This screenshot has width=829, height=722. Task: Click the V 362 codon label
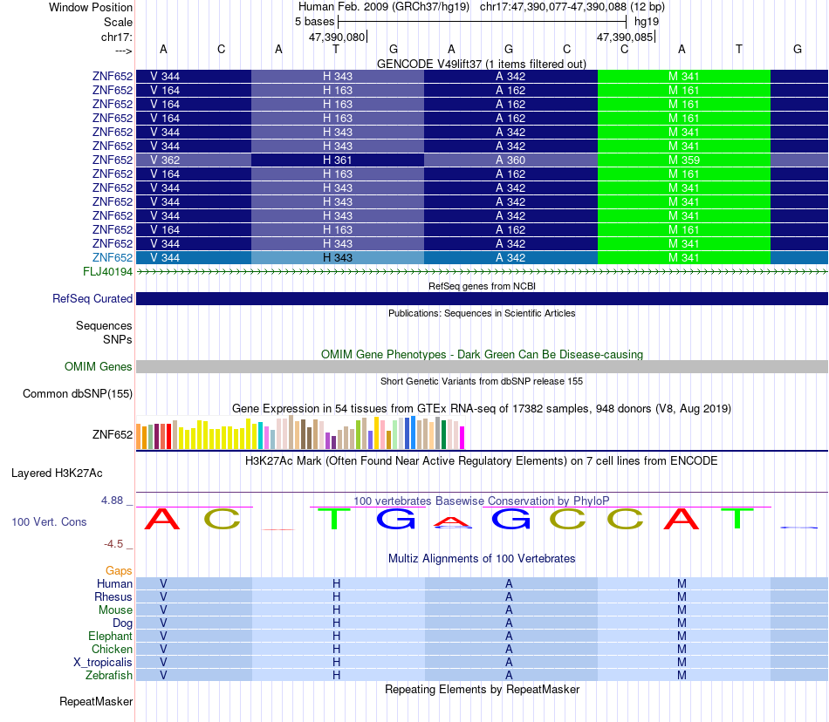pos(165,160)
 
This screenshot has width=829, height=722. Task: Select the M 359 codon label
pos(684,160)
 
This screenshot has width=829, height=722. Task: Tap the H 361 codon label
pos(338,160)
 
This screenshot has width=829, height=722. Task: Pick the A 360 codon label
pos(510,160)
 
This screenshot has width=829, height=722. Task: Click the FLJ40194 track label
pos(105,272)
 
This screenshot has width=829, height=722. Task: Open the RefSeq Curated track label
pos(92,298)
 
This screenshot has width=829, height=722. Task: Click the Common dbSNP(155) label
pos(78,393)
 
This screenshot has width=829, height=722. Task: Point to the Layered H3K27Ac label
pos(57,473)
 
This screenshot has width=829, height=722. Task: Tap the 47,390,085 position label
pos(624,37)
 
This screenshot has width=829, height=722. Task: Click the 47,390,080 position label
pos(337,37)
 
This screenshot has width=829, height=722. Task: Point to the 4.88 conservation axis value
pos(113,501)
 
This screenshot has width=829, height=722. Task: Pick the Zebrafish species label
pos(109,675)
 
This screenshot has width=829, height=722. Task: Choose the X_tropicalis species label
pos(103,662)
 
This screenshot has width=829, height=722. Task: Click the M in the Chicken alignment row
pos(682,649)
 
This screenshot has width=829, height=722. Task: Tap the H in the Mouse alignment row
pos(336,610)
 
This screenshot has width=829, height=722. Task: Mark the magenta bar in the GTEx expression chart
pos(462,437)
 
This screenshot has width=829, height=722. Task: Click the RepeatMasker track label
pos(96,701)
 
